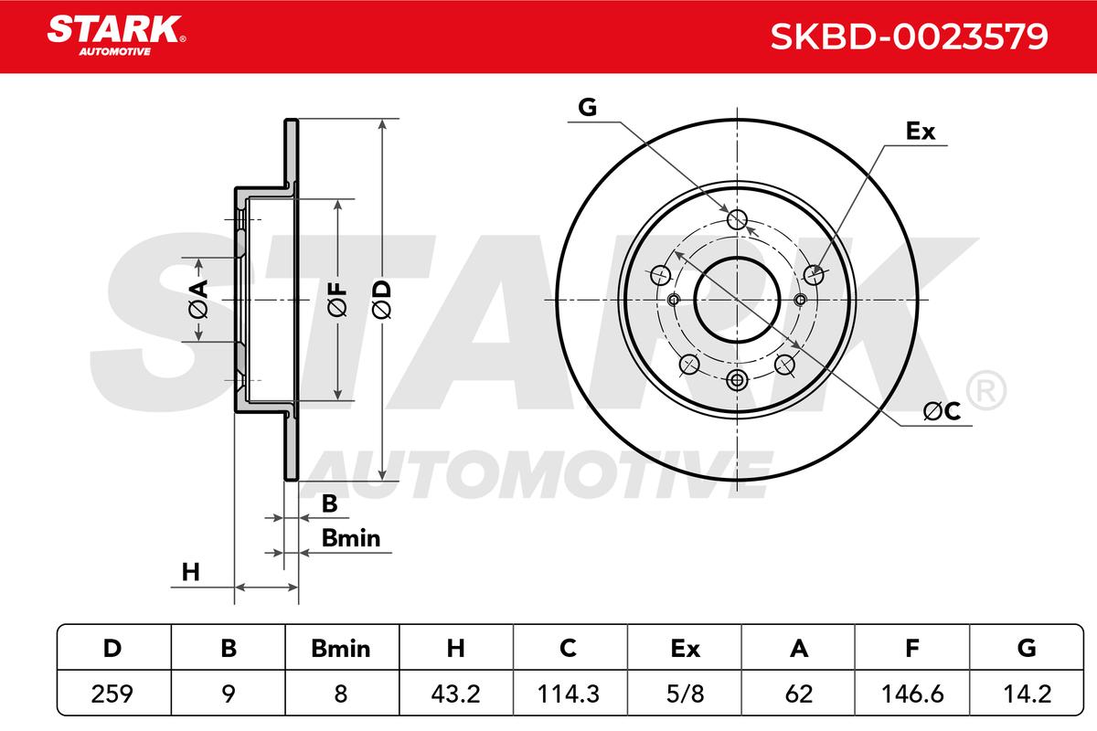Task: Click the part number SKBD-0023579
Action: tap(909, 37)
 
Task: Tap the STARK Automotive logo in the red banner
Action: tap(116, 36)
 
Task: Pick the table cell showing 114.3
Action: tap(569, 693)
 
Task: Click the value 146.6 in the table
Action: tap(912, 693)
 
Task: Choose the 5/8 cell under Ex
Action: tap(685, 693)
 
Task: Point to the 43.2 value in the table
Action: tap(455, 693)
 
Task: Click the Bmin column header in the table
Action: tap(341, 648)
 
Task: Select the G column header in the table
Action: tap(1027, 648)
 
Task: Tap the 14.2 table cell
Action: tap(1027, 693)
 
